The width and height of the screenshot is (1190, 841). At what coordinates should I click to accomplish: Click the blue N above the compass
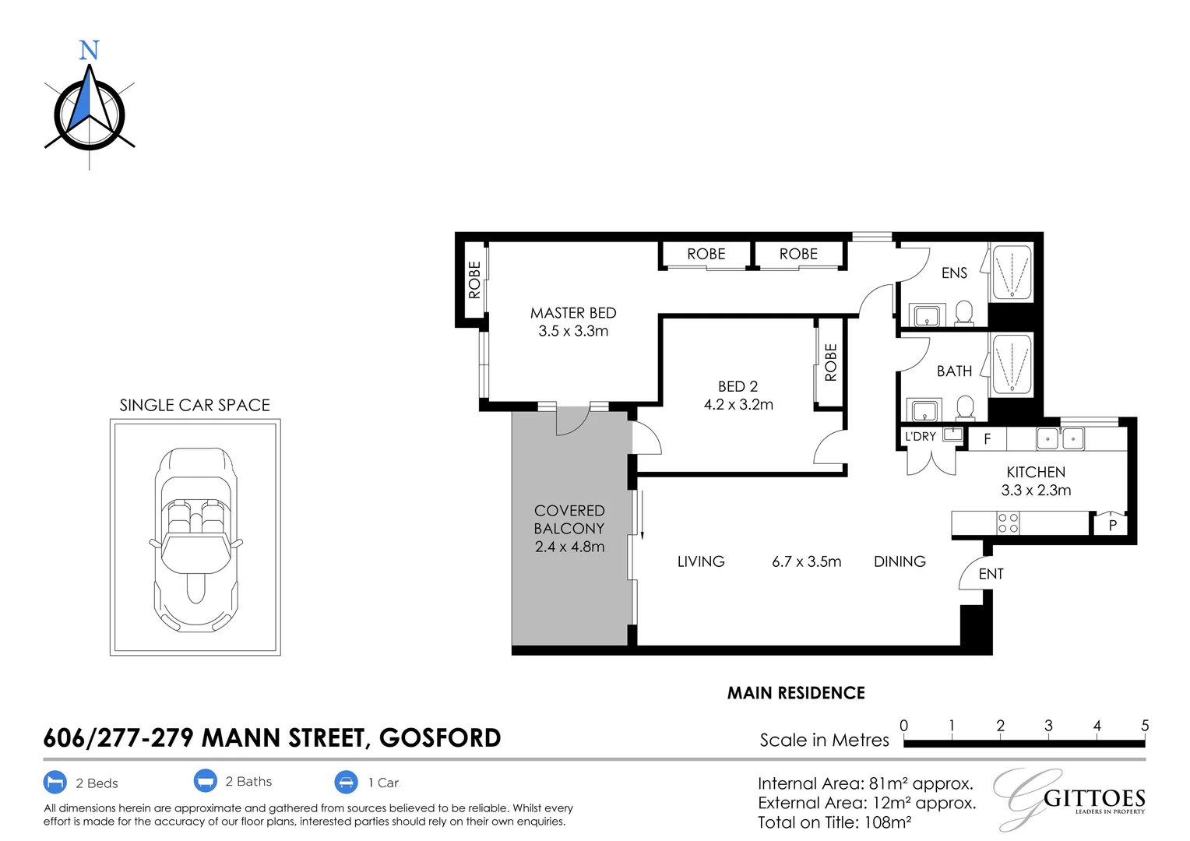90,50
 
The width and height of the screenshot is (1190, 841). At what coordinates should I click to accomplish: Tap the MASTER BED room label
573,313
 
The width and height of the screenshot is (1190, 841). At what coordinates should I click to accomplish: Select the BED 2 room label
738,386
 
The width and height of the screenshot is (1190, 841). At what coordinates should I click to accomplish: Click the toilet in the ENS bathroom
964,313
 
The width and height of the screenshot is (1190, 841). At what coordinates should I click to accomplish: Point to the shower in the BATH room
1012,364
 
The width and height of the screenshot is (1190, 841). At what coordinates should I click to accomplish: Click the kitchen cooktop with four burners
1008,523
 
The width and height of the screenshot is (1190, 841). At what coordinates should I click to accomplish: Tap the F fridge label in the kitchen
987,439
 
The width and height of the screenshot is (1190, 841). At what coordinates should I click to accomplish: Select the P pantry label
1112,526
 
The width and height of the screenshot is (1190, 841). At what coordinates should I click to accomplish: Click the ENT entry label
991,574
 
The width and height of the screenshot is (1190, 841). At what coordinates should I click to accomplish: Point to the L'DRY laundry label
921,436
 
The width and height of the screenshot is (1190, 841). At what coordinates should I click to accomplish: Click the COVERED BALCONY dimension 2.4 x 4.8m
569,547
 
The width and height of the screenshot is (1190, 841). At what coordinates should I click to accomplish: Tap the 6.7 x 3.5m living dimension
806,561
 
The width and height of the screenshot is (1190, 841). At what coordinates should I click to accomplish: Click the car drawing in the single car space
196,540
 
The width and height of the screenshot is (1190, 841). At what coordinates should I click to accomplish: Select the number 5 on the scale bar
1145,726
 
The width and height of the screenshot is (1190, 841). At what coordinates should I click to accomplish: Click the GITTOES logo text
1094,798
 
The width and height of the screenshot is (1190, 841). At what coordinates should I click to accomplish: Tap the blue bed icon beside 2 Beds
55,782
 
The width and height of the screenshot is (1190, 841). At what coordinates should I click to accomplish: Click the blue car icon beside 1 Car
346,782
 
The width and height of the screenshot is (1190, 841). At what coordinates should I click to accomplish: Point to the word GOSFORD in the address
440,738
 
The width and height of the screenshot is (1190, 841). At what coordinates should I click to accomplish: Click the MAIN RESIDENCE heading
796,693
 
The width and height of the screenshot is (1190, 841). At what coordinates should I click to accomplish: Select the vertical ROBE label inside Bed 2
831,362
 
